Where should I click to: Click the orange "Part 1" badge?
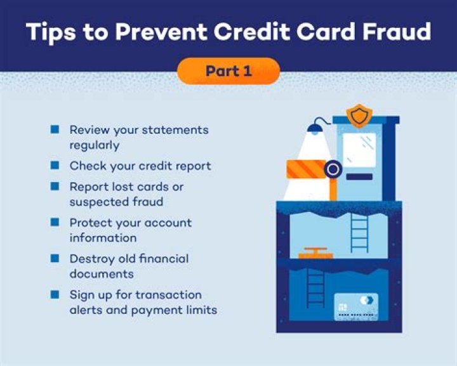tap(228, 71)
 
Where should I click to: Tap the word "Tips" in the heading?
tap(50, 31)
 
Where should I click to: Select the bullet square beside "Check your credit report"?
tap(55, 166)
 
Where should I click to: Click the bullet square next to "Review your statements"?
tap(55, 129)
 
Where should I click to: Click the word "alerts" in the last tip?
tap(87, 310)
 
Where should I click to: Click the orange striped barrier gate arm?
tap(307, 169)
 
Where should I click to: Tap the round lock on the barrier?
tap(332, 169)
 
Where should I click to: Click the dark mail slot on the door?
tap(359, 177)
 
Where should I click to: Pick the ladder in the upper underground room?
tap(359, 232)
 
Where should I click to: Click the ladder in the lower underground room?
tap(315, 287)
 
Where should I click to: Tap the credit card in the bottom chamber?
tap(355, 307)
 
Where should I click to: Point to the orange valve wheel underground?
tap(314, 252)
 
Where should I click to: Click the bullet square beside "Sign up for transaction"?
tap(55, 295)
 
